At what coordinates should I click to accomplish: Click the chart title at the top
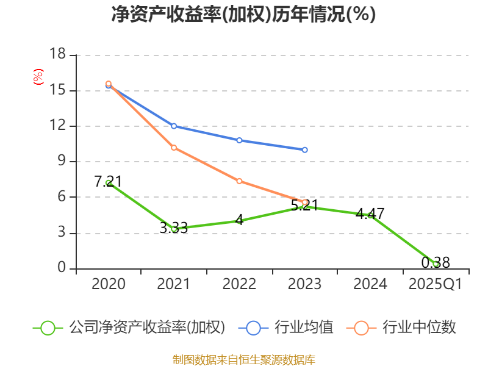pos(243,15)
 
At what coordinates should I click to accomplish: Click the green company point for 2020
pos(109,182)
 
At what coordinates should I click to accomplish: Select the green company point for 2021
pos(174,229)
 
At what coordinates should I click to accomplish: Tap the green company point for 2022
pos(239,221)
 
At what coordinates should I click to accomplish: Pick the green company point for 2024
pos(370,215)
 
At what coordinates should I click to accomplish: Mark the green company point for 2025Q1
pos(436,264)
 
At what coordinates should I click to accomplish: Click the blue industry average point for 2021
pos(174,126)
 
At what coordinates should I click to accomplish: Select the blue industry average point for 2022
pos(239,140)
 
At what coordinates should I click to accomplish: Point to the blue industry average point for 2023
pos(304,149)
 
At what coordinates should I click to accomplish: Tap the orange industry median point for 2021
pos(174,148)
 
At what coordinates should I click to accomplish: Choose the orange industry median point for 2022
pos(239,181)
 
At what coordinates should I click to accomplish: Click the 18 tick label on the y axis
pos(57,55)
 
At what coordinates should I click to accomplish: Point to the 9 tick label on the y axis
pos(62,162)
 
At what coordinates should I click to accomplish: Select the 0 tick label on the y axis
pos(62,268)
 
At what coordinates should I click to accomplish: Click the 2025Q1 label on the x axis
pos(435,284)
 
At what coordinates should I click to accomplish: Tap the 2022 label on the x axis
pos(239,284)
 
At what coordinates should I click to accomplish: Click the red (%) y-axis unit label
pos(38,77)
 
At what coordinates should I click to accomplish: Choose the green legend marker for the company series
pos(48,328)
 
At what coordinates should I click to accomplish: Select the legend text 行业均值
pos(304,328)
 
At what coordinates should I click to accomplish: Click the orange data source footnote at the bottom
pos(243,359)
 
